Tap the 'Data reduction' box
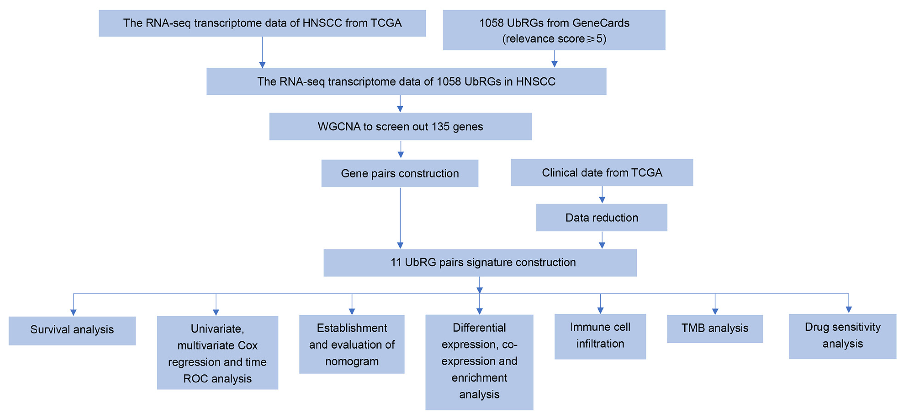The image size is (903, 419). [602, 218]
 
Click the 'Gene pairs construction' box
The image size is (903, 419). [400, 173]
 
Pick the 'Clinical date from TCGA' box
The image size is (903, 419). [602, 173]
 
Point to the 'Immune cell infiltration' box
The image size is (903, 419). [600, 336]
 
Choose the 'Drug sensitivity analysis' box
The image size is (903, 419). [842, 336]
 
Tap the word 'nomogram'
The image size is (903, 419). [352, 362]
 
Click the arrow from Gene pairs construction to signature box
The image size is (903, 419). [400, 218]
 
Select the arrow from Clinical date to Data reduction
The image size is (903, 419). [602, 195]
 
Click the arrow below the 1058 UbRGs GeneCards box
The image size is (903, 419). [554, 59]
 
